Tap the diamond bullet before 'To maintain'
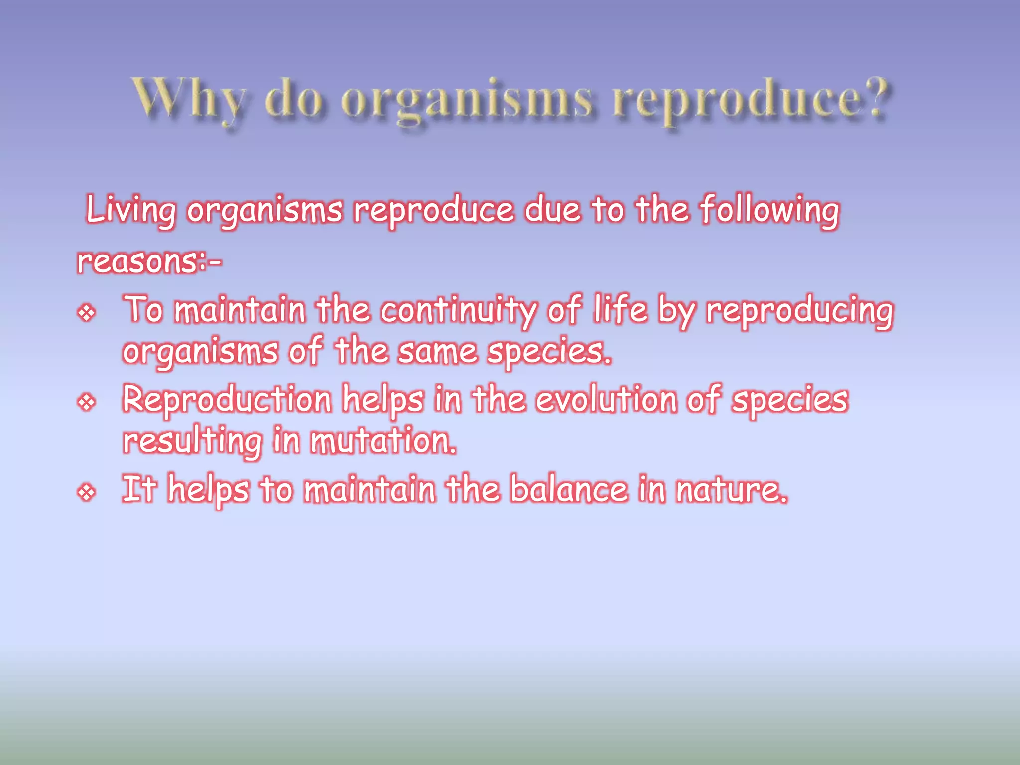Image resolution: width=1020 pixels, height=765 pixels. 87,313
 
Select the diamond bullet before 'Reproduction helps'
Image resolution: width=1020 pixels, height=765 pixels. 87,402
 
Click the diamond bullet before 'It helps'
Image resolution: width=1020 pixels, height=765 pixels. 87,493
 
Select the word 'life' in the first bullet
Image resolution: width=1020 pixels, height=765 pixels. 620,310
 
